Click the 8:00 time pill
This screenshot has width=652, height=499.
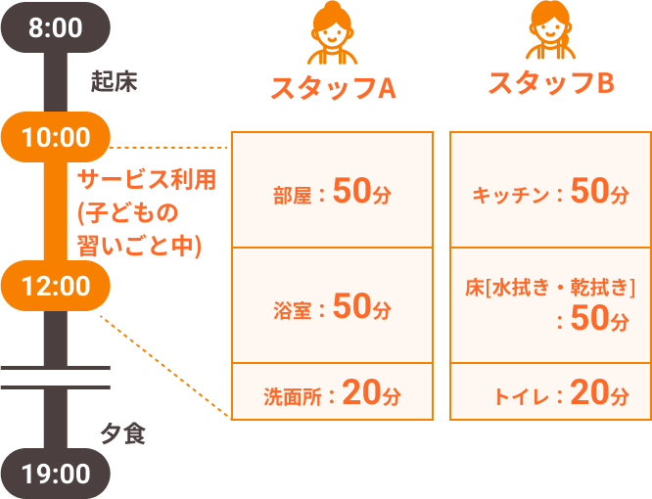coord(55,27)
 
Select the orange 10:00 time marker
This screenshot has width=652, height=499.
coord(55,137)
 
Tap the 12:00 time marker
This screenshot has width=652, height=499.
coord(55,286)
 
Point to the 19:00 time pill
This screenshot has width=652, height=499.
coord(55,474)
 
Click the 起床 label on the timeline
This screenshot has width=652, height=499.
coord(114,81)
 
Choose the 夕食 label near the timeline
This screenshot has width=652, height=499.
coord(122,434)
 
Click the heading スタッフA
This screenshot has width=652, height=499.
coord(333,88)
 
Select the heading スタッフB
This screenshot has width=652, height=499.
coord(551,83)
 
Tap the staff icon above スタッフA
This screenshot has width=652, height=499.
coord(332,33)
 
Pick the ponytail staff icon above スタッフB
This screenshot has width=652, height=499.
coord(550,30)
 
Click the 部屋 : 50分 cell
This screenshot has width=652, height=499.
coord(332,190)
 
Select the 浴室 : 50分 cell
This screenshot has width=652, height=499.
coord(332,305)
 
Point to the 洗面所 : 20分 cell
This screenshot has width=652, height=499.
coord(332,391)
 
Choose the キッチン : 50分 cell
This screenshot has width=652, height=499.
coord(550,190)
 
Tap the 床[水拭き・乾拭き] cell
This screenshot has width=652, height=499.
coord(550,305)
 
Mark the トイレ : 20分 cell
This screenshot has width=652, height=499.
coord(550,391)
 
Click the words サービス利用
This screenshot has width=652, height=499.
coord(147,180)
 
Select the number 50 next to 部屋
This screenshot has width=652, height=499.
coord(351,190)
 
